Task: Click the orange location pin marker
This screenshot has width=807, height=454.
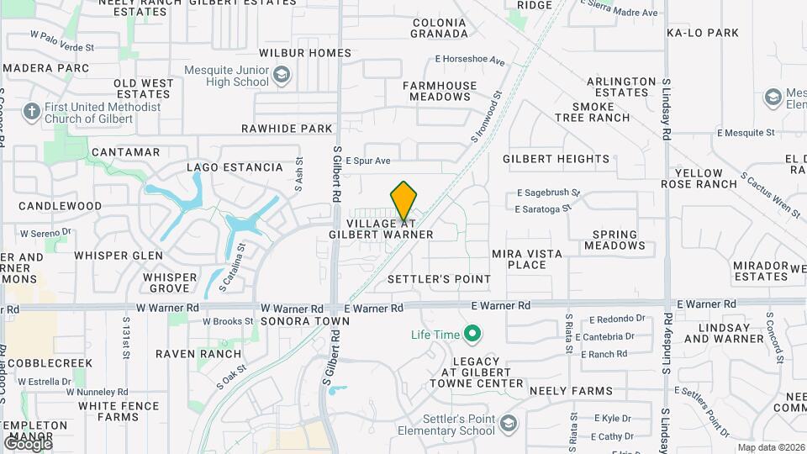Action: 403,201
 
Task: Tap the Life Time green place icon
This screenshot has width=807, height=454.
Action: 472,335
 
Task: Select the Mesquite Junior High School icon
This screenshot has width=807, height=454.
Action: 281,77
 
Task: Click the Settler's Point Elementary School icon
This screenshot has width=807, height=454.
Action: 508,424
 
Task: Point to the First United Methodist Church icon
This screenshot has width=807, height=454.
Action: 32,112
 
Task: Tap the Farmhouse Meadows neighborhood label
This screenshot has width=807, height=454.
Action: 440,91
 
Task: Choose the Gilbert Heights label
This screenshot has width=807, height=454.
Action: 556,158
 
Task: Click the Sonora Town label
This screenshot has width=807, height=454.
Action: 293,322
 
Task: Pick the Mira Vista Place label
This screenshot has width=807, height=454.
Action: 519,259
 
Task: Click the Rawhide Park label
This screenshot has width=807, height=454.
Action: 287,129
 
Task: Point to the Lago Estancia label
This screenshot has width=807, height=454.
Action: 235,167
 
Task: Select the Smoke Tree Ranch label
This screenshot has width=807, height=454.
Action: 600,112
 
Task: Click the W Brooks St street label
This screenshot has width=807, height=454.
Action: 227,321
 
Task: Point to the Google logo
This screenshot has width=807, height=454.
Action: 28,443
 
